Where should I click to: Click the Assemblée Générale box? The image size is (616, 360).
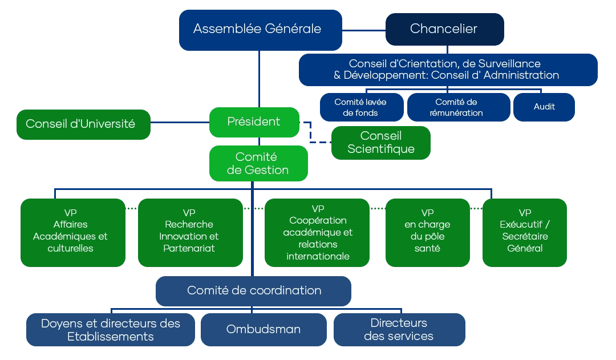pyautogui.click(x=260, y=29)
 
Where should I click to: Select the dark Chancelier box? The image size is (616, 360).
pyautogui.click(x=444, y=29)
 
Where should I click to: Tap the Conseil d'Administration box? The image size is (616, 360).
pyautogui.click(x=448, y=70)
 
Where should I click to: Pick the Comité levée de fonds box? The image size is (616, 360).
pyautogui.click(x=361, y=107)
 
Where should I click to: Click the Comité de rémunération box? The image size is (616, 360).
pyautogui.click(x=459, y=107)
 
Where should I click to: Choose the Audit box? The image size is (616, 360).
pyautogui.click(x=544, y=107)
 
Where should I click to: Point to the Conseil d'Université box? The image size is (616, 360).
pyautogui.click(x=83, y=124)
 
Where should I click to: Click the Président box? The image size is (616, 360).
pyautogui.click(x=254, y=122)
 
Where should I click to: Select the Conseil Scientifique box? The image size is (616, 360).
pyautogui.click(x=380, y=143)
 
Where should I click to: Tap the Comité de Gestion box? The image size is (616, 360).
pyautogui.click(x=258, y=164)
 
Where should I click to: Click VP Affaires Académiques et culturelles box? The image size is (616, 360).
pyautogui.click(x=72, y=232)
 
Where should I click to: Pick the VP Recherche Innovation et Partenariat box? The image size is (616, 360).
pyautogui.click(x=190, y=232)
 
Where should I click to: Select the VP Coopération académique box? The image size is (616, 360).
pyautogui.click(x=317, y=232)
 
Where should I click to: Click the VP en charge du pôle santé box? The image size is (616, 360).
pyautogui.click(x=427, y=232)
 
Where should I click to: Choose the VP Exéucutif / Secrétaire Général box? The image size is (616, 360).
pyautogui.click(x=524, y=232)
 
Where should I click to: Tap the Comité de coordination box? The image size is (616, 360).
pyautogui.click(x=253, y=291)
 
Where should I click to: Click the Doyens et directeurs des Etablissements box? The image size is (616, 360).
pyautogui.click(x=110, y=330)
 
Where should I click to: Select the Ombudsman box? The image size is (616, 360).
pyautogui.click(x=263, y=330)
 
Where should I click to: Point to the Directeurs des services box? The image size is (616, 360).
pyautogui.click(x=399, y=330)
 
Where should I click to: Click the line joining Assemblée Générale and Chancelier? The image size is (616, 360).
pyautogui.click(x=364, y=29)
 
